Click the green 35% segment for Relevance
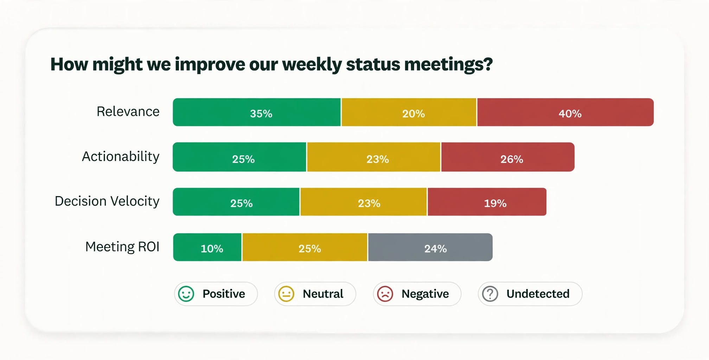(x=257, y=112)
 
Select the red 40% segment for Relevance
(x=566, y=112)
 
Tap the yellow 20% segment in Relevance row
(x=409, y=112)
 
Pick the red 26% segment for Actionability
(x=508, y=157)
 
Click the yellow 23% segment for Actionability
(x=373, y=157)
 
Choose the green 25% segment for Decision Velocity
(x=236, y=202)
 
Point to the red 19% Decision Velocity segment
(x=487, y=202)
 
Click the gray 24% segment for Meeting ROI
(x=430, y=247)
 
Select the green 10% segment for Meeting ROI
(x=207, y=247)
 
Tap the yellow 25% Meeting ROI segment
(x=305, y=247)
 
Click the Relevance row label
(x=128, y=111)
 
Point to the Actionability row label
(x=121, y=157)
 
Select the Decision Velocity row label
(x=107, y=201)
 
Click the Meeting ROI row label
(x=122, y=247)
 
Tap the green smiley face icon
(x=186, y=294)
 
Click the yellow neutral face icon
(x=286, y=294)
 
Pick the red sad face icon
(x=385, y=294)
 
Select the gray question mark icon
(x=490, y=294)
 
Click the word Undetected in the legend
(x=538, y=294)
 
